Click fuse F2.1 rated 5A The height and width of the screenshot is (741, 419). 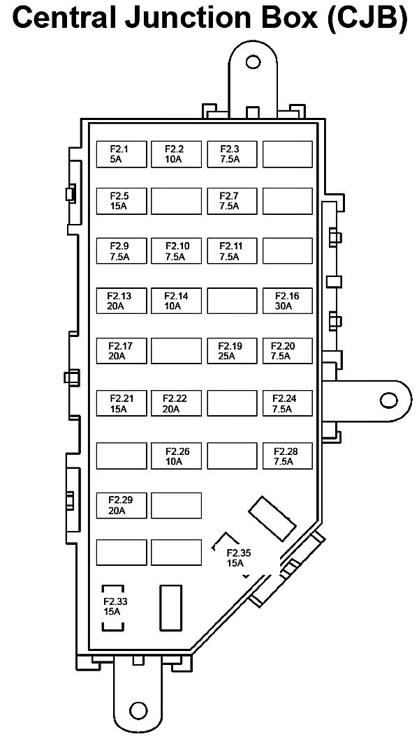click(x=121, y=154)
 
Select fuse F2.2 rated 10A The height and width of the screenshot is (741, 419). click(x=176, y=154)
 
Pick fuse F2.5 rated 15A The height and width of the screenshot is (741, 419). click(x=121, y=202)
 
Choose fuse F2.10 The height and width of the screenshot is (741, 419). click(x=176, y=251)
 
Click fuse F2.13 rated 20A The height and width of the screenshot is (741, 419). click(x=121, y=301)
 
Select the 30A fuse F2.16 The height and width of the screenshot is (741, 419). click(x=287, y=301)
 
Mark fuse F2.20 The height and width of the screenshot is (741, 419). click(x=287, y=351)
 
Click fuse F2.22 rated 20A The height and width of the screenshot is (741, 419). click(x=176, y=403)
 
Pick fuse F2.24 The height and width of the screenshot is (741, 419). click(x=287, y=403)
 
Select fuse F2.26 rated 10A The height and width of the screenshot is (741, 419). click(x=176, y=456)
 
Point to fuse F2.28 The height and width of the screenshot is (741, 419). click(x=287, y=456)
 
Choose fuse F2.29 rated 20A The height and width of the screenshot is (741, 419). click(x=121, y=505)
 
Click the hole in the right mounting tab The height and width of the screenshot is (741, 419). click(x=386, y=400)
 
